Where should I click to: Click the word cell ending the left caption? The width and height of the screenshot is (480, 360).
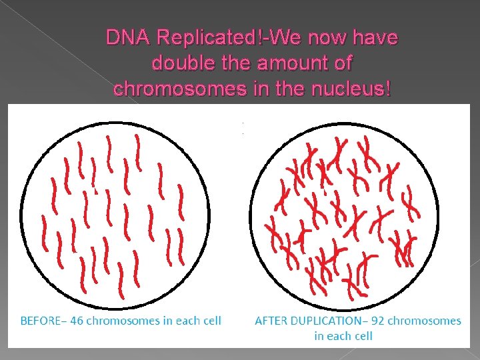pyautogui.click(x=211, y=321)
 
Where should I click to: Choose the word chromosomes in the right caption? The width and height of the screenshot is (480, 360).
pyautogui.click(x=424, y=321)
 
